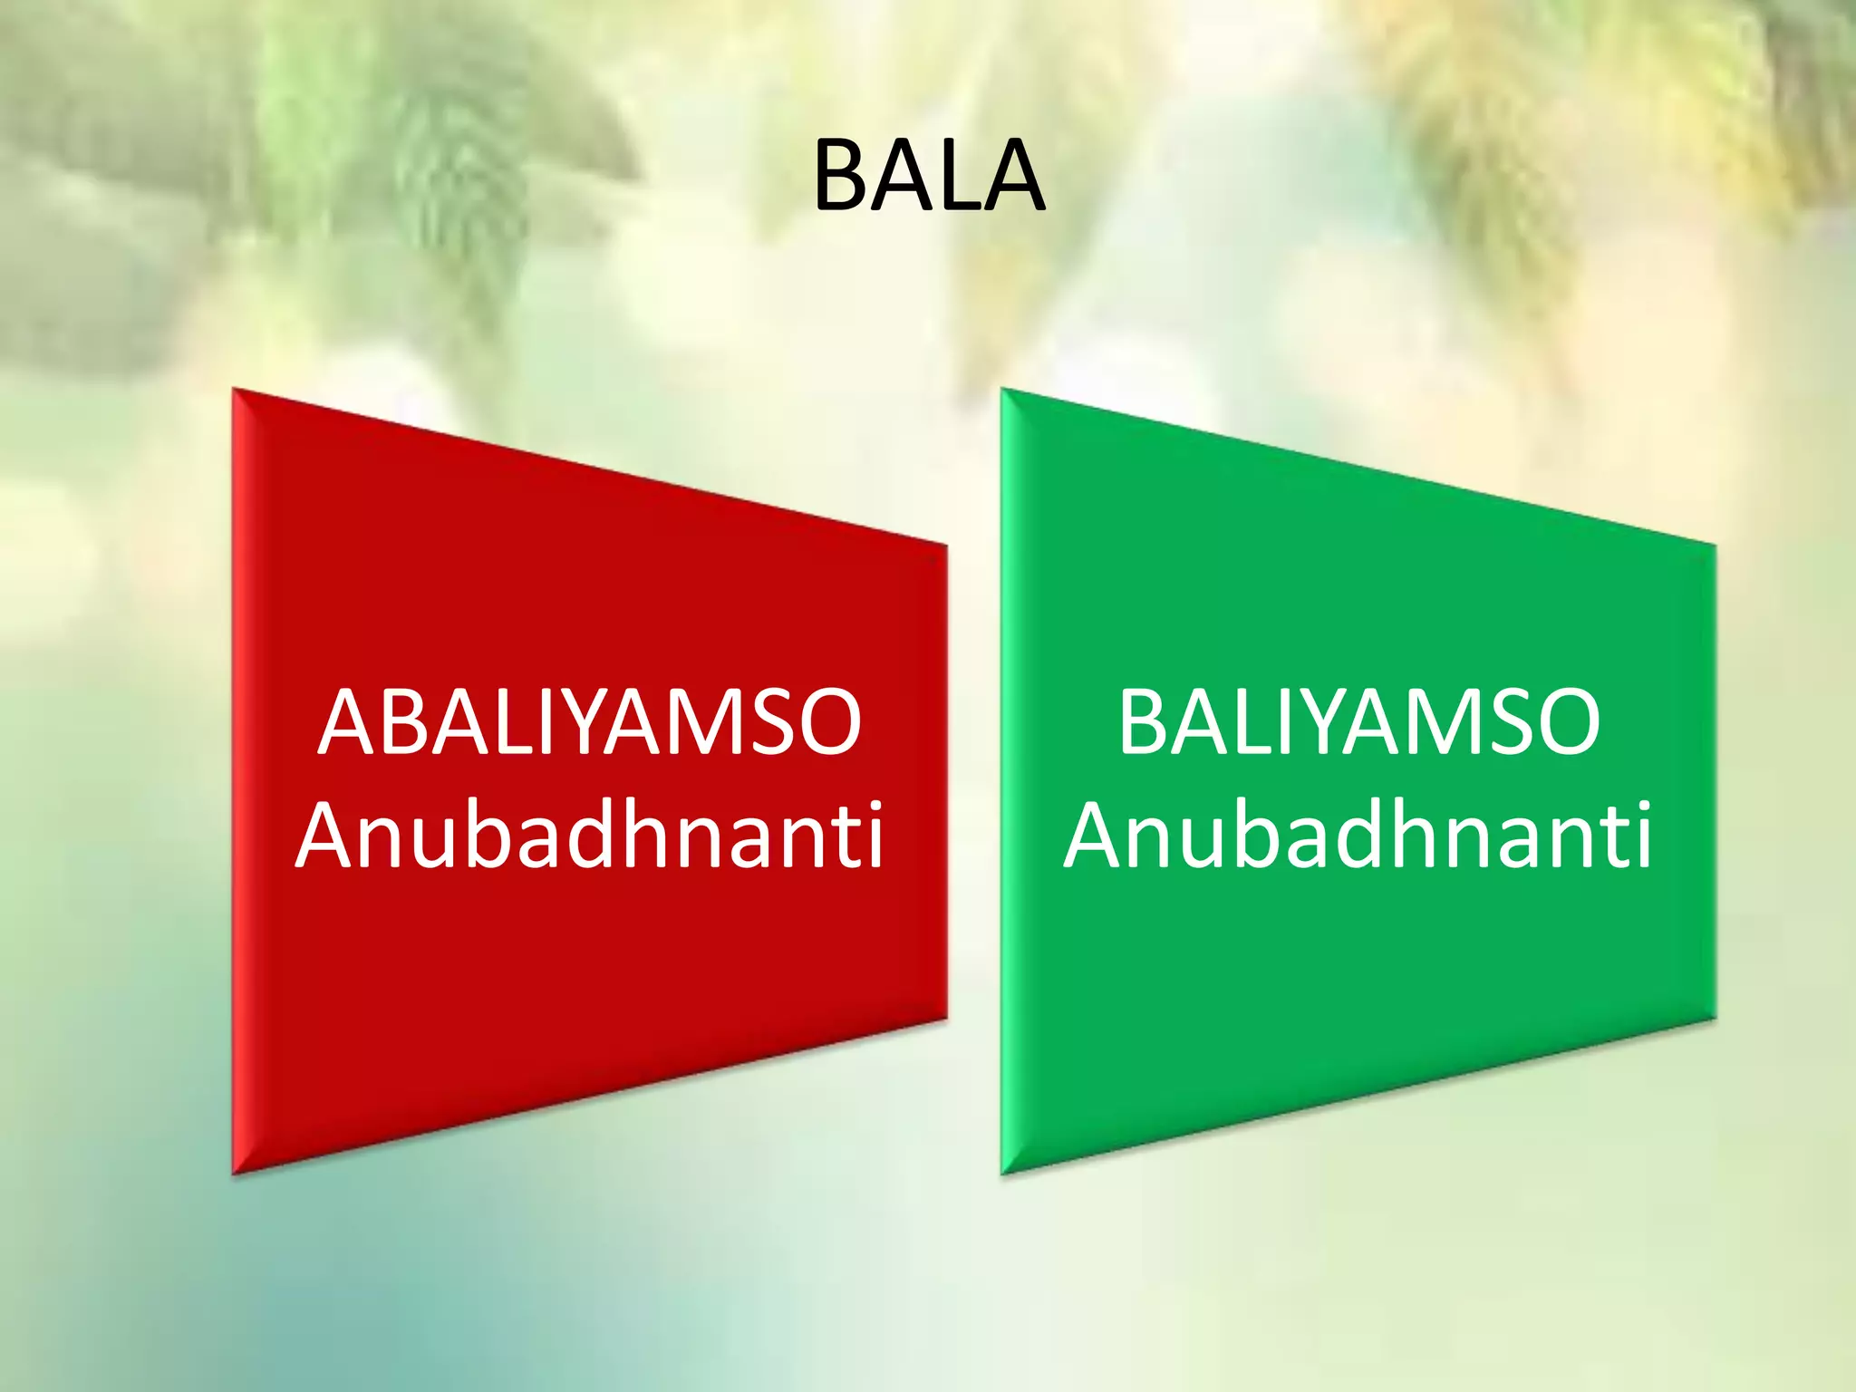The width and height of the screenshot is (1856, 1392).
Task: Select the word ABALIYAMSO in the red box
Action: point(590,722)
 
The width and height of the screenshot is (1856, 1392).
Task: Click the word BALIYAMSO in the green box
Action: point(1358,722)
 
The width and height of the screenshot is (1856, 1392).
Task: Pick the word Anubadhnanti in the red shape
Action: point(590,836)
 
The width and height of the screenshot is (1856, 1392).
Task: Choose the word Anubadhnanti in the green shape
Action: point(1358,836)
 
